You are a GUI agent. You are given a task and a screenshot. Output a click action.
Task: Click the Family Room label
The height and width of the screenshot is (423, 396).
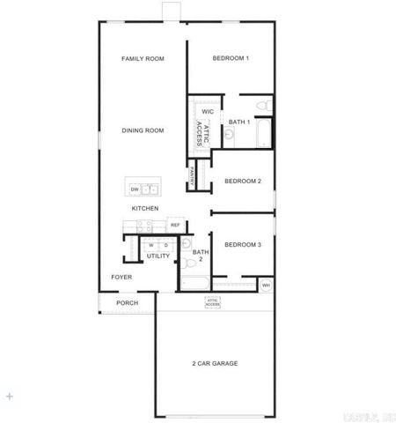click(143, 59)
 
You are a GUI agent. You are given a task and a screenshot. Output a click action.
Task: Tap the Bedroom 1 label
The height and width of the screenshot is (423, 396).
click(231, 59)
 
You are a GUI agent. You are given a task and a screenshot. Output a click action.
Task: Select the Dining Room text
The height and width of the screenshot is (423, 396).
click(143, 130)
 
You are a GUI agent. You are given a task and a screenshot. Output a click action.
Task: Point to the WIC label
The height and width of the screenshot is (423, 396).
click(208, 112)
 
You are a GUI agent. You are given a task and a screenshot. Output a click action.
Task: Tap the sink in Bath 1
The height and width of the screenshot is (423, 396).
click(230, 135)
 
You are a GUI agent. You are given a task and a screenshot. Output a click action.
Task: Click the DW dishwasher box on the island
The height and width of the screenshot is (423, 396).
click(135, 189)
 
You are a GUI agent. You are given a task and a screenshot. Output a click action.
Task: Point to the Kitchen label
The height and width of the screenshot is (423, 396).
click(145, 208)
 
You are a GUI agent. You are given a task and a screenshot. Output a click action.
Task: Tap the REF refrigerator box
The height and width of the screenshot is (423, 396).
click(175, 226)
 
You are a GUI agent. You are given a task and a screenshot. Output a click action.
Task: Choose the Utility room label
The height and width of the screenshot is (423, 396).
click(158, 256)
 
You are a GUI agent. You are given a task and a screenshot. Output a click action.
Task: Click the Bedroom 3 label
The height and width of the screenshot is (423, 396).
click(243, 244)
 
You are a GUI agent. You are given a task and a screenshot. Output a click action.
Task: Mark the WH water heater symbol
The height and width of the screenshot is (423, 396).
click(266, 284)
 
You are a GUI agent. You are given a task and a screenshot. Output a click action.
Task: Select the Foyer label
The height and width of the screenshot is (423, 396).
click(121, 277)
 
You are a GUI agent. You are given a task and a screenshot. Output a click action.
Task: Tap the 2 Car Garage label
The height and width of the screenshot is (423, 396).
click(215, 363)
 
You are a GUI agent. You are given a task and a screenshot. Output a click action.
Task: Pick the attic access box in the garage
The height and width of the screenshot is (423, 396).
click(213, 301)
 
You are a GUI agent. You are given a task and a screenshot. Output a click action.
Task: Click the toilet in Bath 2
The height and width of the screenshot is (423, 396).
click(186, 243)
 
